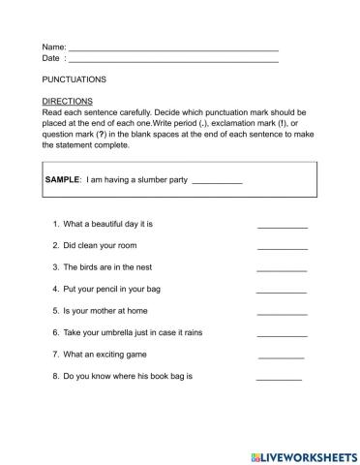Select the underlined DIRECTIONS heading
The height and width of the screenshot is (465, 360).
pyautogui.click(x=68, y=101)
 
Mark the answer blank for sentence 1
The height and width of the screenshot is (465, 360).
pyautogui.click(x=282, y=226)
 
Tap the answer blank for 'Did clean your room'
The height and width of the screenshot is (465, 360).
pyautogui.click(x=282, y=247)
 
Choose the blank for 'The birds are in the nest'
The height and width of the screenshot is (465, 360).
pyautogui.click(x=282, y=268)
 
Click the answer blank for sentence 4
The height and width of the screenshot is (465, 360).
pyautogui.click(x=281, y=290)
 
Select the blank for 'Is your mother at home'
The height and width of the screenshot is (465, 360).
pyautogui.click(x=282, y=312)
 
